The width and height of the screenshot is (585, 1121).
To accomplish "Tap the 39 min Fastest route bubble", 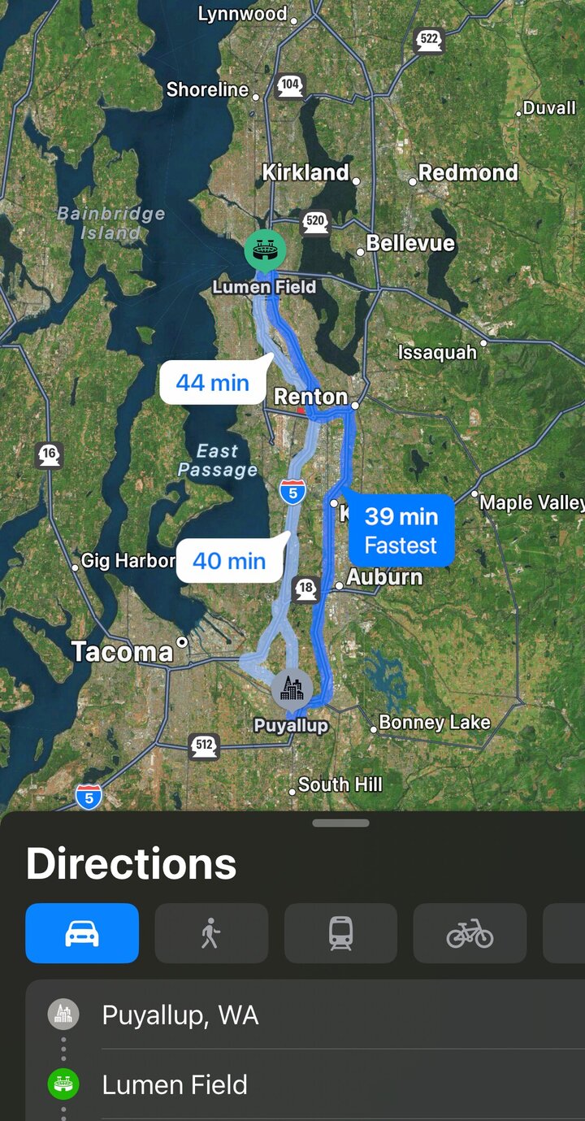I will [x=401, y=530].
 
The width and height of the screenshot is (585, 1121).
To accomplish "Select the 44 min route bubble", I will [x=213, y=382].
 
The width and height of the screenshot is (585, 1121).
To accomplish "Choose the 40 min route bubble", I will [x=229, y=561].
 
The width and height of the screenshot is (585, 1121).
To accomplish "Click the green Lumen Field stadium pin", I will [x=265, y=250].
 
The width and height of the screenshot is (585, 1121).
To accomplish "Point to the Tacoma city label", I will [x=122, y=651].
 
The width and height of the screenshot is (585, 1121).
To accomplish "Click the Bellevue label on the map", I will [x=410, y=243].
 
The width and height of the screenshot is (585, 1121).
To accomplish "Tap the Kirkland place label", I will [x=305, y=172].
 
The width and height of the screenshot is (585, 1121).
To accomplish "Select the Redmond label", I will [x=468, y=172].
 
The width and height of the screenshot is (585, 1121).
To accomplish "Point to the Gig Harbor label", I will [x=128, y=561].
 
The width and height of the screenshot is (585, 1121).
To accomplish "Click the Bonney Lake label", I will [x=435, y=722].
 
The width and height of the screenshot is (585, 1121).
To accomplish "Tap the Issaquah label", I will [x=437, y=352].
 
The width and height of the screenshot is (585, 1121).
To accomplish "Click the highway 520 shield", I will [x=314, y=221].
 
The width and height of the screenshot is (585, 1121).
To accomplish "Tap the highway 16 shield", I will [x=49, y=455].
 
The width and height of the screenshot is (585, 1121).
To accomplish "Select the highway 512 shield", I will [x=204, y=745].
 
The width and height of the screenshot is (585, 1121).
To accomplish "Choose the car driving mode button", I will [x=82, y=933].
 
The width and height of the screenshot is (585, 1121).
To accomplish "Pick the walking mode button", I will [x=211, y=933].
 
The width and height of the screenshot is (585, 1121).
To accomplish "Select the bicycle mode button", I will [x=470, y=933].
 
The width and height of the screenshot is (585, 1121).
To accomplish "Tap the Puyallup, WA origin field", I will [x=180, y=1015].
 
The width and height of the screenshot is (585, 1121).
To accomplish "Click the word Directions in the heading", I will [x=132, y=864].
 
